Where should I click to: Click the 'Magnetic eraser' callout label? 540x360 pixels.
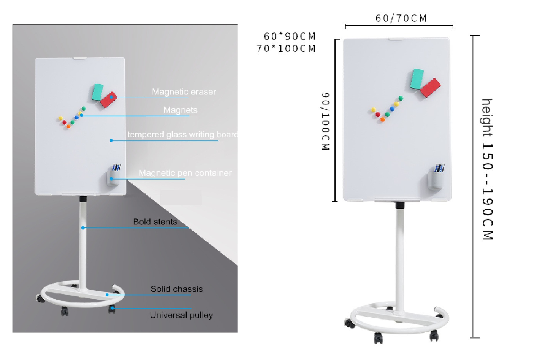click(184, 92)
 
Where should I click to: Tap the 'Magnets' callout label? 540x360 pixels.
click(180, 110)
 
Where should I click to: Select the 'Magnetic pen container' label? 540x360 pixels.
click(185, 173)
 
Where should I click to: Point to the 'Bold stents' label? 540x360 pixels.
click(155, 221)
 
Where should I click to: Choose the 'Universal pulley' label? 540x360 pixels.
click(181, 315)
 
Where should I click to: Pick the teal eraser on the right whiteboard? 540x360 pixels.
click(417, 79)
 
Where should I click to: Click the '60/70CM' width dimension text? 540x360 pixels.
click(400, 18)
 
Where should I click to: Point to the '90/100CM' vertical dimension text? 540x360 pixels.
click(326, 121)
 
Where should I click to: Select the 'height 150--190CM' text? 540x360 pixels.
click(487, 169)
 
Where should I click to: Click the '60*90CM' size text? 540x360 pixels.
click(290, 36)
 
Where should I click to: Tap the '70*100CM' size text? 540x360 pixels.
click(286, 49)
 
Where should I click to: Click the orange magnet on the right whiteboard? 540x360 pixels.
click(382, 120)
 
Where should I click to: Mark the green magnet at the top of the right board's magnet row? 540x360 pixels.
click(401, 98)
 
